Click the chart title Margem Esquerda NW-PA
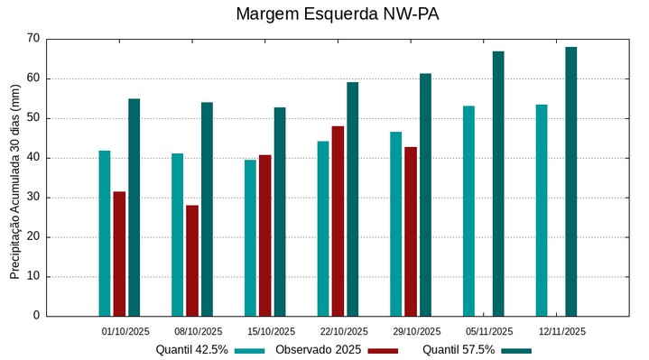(324, 14)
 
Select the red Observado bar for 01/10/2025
(119, 254)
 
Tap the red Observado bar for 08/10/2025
(192, 261)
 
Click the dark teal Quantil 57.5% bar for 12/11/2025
(570, 181)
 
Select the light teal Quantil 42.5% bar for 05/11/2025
(468, 211)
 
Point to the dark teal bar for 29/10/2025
(425, 195)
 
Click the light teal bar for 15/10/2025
(250, 238)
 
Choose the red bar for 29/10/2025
(411, 231)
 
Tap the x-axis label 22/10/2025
(344, 331)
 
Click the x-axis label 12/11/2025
(562, 331)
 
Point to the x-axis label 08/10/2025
(199, 331)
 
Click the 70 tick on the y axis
(33, 39)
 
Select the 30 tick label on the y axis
(33, 198)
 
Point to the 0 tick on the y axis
(36, 316)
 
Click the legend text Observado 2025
(318, 350)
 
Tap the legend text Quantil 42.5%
(191, 350)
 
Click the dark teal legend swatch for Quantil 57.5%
(516, 350)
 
